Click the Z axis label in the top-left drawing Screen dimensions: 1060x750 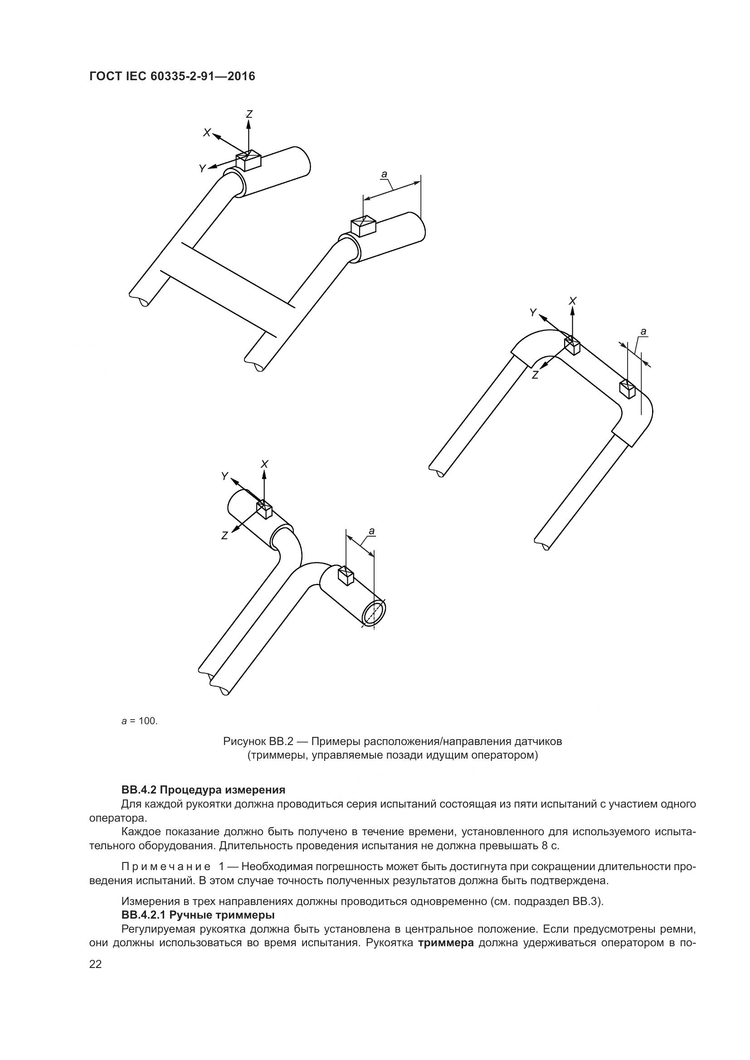[x=249, y=114]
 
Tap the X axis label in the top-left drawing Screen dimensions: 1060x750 [x=206, y=132]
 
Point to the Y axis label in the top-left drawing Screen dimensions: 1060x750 [x=202, y=169]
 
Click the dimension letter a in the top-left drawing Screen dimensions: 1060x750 [x=384, y=174]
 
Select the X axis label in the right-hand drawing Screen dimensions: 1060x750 [x=573, y=301]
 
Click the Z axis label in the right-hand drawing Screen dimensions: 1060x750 [x=535, y=375]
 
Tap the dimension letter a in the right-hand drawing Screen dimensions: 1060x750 [x=643, y=331]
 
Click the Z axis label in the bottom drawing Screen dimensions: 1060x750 [x=224, y=536]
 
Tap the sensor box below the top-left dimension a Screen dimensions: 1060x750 [x=364, y=226]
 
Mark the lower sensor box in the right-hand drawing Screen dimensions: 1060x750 [x=628, y=388]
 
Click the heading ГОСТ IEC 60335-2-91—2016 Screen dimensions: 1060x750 [x=172, y=76]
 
